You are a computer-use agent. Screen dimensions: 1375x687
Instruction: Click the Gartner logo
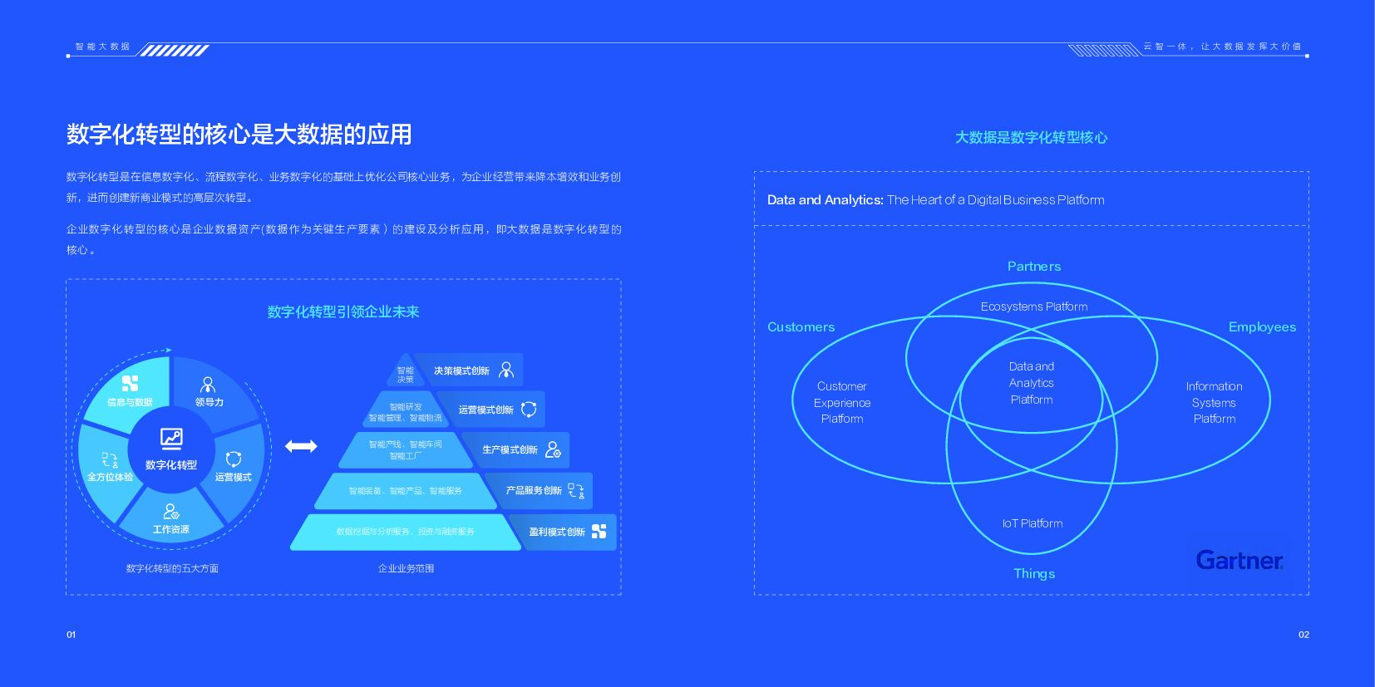pyautogui.click(x=1239, y=560)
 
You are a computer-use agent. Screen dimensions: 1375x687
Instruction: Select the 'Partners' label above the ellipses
pyautogui.click(x=1033, y=267)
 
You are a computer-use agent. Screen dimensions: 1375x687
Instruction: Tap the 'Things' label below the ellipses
pyautogui.click(x=1033, y=574)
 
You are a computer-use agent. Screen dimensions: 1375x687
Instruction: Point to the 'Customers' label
pyautogui.click(x=801, y=327)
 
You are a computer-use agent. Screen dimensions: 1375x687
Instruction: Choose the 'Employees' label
pyautogui.click(x=1261, y=327)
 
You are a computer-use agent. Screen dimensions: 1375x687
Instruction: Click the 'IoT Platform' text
pyautogui.click(x=1032, y=523)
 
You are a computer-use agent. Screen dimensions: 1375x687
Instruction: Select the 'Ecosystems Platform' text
pyautogui.click(x=1033, y=307)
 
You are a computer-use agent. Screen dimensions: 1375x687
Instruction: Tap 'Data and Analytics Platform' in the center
pyautogui.click(x=1031, y=383)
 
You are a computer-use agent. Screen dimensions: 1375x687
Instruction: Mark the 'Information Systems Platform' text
pyautogui.click(x=1214, y=403)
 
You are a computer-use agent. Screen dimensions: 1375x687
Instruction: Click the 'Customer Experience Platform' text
pyautogui.click(x=842, y=403)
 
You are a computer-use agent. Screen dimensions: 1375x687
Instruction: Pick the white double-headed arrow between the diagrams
pyautogui.click(x=301, y=447)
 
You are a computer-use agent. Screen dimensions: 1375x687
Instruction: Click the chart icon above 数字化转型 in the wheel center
pyautogui.click(x=171, y=438)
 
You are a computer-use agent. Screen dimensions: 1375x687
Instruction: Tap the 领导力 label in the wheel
pyautogui.click(x=209, y=402)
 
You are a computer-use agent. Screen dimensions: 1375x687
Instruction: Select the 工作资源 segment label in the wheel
pyautogui.click(x=170, y=529)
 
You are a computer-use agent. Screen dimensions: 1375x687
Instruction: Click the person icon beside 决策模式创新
pyautogui.click(x=506, y=370)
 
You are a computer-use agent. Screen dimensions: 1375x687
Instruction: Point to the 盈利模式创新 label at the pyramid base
pyautogui.click(x=556, y=532)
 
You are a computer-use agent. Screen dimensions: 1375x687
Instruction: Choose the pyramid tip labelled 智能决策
pyautogui.click(x=405, y=375)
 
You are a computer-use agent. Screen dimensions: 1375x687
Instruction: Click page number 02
pyautogui.click(x=1303, y=635)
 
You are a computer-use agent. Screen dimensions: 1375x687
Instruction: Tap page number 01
pyautogui.click(x=71, y=635)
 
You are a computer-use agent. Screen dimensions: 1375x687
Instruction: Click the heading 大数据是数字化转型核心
pyautogui.click(x=1031, y=138)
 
